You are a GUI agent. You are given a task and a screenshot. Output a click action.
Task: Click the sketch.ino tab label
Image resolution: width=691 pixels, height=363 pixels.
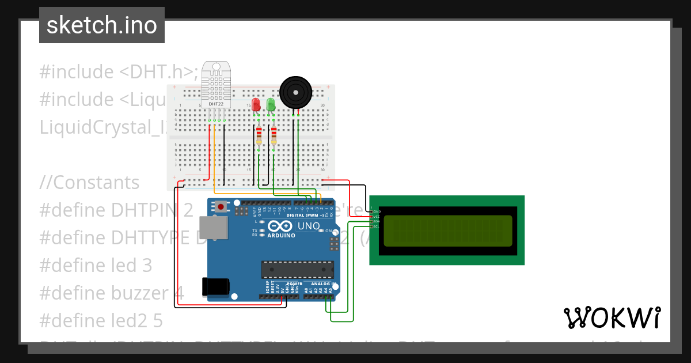click(x=102, y=25)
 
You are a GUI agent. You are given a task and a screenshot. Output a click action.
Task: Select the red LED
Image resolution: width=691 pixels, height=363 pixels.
click(x=256, y=105)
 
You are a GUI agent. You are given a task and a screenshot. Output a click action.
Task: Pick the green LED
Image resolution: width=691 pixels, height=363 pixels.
click(x=271, y=105)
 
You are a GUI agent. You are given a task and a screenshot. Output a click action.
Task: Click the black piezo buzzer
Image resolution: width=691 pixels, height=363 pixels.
click(x=295, y=92)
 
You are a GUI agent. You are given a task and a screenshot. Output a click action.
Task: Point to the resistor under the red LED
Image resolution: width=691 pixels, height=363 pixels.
click(x=259, y=137)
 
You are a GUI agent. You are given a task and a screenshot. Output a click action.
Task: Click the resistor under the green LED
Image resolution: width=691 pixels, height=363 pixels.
click(x=274, y=137)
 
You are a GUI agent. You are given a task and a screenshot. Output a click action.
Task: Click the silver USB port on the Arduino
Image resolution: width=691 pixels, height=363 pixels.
click(x=212, y=228)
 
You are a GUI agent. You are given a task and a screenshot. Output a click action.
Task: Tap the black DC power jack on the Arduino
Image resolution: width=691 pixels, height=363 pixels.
click(x=215, y=286)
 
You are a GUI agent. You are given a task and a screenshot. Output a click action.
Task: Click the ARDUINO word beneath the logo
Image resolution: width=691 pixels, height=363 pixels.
click(x=281, y=235)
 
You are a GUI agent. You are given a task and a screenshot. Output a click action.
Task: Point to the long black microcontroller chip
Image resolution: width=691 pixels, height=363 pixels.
click(x=297, y=269)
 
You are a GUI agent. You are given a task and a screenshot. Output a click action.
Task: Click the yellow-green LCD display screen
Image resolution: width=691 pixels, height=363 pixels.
click(x=447, y=230)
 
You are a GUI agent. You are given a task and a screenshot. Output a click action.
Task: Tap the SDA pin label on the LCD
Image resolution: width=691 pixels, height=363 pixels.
click(x=376, y=221)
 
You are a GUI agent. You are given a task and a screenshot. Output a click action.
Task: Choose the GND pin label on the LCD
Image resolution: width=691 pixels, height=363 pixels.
click(x=376, y=212)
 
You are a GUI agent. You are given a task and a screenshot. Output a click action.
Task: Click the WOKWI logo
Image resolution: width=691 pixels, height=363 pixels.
click(x=612, y=317)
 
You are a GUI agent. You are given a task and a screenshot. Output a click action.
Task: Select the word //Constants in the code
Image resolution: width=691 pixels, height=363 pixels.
click(x=89, y=183)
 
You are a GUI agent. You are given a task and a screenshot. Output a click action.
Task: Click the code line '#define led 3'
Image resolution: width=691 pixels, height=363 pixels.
click(x=96, y=266)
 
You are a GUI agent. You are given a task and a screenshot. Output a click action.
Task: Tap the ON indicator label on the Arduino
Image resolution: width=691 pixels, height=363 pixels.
click(x=328, y=230)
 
